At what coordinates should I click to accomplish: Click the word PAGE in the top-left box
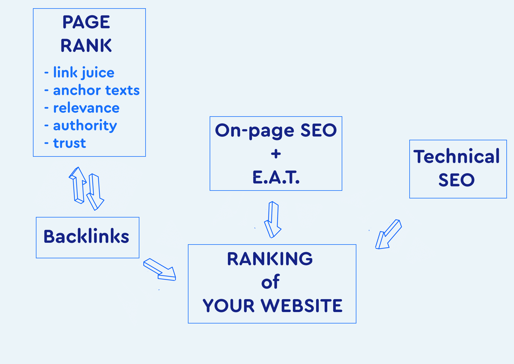[86, 22]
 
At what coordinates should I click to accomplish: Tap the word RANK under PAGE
[86, 45]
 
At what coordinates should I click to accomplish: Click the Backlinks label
[86, 236]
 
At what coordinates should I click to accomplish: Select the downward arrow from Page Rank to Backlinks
[95, 192]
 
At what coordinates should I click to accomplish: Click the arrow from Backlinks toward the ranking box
[160, 269]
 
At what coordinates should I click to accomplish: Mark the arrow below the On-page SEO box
[273, 220]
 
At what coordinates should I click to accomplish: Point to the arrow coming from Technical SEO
[388, 234]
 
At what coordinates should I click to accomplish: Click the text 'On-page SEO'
[276, 130]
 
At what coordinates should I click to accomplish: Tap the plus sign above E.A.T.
[276, 154]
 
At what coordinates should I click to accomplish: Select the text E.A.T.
[276, 177]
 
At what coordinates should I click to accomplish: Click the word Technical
[457, 156]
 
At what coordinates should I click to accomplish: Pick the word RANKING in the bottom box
[270, 259]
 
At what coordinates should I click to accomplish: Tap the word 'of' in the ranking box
[271, 282]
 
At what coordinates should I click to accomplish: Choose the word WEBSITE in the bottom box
[302, 306]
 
